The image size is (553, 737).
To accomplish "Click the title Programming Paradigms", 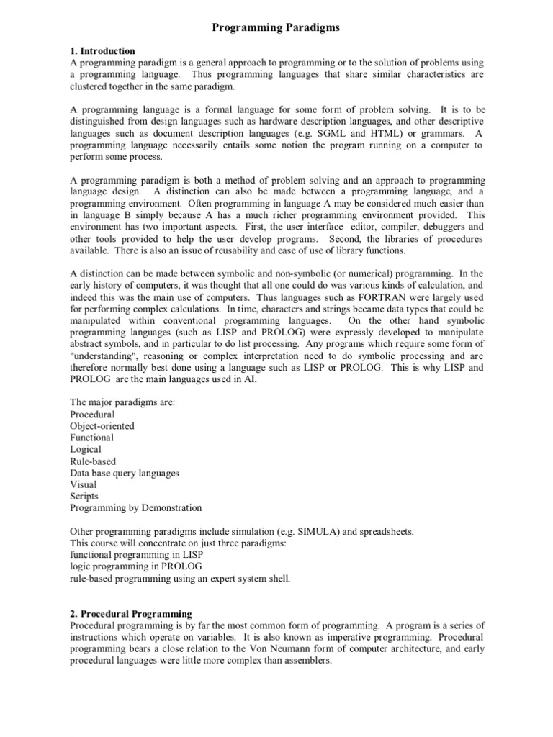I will [x=276, y=27].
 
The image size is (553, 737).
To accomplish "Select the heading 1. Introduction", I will [x=102, y=51].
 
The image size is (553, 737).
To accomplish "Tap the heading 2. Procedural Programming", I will [x=131, y=614].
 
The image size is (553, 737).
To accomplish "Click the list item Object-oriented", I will [x=102, y=426].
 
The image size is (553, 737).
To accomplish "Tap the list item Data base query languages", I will [x=125, y=473].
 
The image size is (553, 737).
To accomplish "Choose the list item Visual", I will [x=84, y=484].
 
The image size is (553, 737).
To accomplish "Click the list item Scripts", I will [x=84, y=496].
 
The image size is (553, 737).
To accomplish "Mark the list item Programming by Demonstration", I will [x=136, y=507].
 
